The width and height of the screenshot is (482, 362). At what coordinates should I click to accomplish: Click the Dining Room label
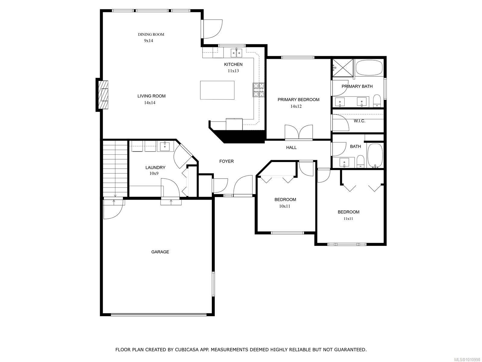point(151,34)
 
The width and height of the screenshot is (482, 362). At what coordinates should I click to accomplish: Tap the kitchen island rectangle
point(217,90)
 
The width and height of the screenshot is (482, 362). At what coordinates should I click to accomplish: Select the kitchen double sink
point(236,53)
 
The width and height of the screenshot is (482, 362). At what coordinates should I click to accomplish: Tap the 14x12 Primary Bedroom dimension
point(296,106)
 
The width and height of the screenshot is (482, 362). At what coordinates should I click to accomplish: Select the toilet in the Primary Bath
point(377,100)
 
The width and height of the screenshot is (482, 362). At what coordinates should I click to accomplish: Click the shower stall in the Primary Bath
point(343,68)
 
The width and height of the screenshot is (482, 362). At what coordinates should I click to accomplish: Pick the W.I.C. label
point(359,121)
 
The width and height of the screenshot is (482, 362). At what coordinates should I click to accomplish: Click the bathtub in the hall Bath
point(375,156)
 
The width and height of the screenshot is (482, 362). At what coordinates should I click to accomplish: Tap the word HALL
point(291,148)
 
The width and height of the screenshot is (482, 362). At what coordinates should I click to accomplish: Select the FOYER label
point(226,161)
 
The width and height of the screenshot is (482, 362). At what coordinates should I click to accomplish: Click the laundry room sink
point(164,147)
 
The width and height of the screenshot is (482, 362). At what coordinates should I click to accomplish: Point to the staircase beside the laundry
point(115,169)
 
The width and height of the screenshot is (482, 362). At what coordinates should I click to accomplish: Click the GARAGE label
point(160,252)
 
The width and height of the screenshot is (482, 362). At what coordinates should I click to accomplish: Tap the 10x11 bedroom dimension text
point(284,206)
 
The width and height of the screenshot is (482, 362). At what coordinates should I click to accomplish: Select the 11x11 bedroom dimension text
point(348,219)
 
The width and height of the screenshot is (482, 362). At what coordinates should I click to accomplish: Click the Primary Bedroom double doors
point(299,133)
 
